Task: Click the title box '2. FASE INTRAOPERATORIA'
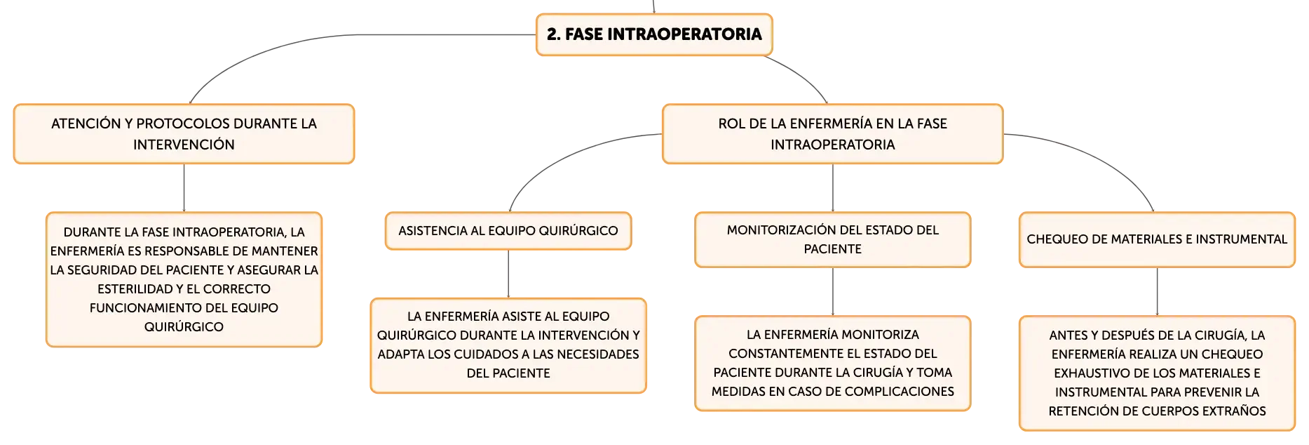[x=654, y=34]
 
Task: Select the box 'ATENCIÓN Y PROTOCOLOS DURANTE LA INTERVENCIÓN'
[x=184, y=134]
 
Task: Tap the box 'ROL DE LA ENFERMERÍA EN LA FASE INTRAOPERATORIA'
[x=833, y=134]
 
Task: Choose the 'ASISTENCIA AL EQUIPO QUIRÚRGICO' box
[x=508, y=231]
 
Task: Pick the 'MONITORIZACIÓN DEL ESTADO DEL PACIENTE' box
[x=833, y=239]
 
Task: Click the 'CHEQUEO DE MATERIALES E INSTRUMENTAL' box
[x=1157, y=239]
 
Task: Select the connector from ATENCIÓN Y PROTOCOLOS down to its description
[x=184, y=188]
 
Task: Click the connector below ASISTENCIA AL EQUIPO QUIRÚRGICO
[x=508, y=274]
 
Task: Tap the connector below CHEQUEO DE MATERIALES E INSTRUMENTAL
[x=1157, y=292]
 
